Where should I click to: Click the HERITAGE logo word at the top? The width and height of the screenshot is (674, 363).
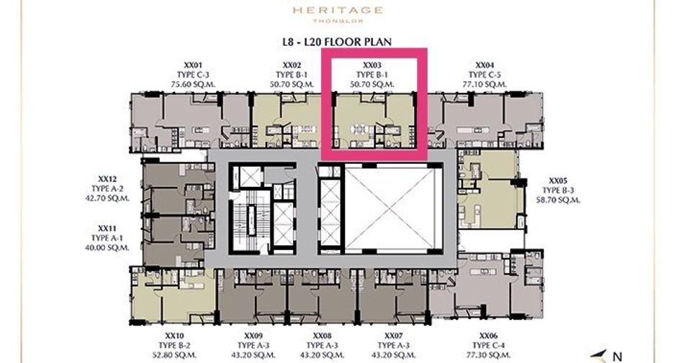point(338,10)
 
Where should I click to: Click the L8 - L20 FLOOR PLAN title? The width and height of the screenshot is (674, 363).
point(337,42)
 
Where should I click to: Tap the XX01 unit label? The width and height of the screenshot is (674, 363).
point(193,65)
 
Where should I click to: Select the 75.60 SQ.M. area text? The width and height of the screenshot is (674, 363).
point(193,85)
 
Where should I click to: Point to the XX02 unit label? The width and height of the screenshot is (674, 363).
point(292,65)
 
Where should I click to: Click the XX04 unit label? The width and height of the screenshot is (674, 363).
point(485,65)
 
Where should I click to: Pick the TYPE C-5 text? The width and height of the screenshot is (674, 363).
point(485,75)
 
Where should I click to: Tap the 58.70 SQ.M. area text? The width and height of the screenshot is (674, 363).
point(558,200)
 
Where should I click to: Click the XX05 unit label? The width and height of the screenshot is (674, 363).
point(558,180)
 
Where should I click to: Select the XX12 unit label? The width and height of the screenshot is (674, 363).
point(107,179)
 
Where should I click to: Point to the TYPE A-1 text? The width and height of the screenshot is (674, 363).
point(107,238)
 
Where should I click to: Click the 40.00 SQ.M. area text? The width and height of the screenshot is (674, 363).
point(107,247)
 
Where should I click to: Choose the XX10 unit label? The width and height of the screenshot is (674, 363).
point(174,336)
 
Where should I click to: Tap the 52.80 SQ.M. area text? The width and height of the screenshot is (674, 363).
point(174,355)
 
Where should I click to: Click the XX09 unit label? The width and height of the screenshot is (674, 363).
point(253,336)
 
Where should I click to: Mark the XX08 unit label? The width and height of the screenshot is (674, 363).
point(323,336)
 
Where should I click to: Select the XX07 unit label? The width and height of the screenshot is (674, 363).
point(394,336)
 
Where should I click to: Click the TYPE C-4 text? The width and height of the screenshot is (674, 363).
point(489,346)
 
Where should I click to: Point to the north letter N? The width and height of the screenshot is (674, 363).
point(617,356)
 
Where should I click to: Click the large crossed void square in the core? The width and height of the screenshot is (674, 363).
point(393,208)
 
